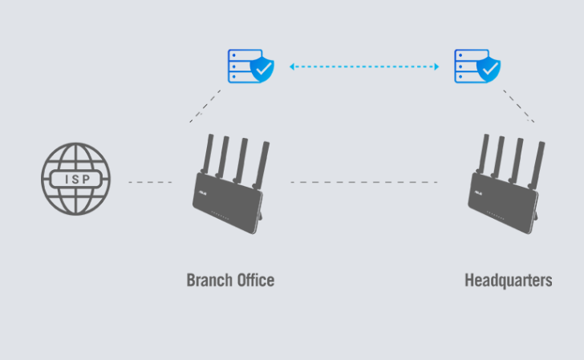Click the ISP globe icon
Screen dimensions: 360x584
point(76,179)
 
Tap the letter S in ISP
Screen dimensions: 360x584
point(76,179)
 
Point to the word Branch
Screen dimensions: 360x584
point(208,281)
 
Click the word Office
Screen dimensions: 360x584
point(253,281)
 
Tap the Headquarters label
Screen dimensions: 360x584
point(508,281)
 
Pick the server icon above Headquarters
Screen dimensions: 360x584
point(470,66)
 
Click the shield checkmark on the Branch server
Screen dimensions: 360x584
point(262,71)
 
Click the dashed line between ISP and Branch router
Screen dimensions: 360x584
point(150,183)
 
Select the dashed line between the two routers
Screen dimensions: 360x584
point(363,183)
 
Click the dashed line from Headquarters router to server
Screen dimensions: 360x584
point(519,107)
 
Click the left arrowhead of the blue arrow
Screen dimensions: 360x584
point(293,67)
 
